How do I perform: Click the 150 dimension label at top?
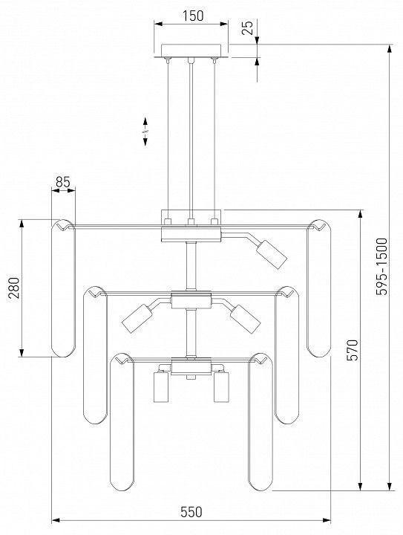(193, 16)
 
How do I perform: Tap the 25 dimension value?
(248, 27)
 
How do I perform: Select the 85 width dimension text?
(63, 182)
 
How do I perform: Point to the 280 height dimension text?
(14, 288)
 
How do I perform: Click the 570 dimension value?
(353, 350)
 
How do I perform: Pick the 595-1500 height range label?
(382, 267)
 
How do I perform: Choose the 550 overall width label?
(191, 512)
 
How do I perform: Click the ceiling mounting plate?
(191, 51)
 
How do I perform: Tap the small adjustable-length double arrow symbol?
(145, 132)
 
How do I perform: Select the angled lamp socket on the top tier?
(272, 255)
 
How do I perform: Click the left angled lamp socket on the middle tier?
(137, 319)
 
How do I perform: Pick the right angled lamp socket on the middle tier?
(245, 319)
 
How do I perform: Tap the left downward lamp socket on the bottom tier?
(161, 387)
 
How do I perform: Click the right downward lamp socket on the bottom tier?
(221, 387)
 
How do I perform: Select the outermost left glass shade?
(63, 288)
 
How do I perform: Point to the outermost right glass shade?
(318, 288)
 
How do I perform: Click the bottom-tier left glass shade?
(122, 422)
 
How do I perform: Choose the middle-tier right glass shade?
(286, 355)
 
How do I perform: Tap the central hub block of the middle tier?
(191, 300)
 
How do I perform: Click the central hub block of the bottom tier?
(191, 367)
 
